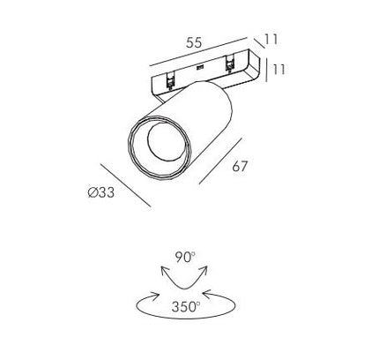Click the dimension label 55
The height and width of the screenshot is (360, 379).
coord(194,43)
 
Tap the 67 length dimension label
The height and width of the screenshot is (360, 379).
coord(240,167)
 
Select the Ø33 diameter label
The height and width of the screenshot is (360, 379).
coord(101,192)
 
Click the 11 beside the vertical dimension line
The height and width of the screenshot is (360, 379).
coord(279,70)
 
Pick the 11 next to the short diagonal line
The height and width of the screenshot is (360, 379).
coord(271,40)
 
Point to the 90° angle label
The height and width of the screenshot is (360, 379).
coord(185,258)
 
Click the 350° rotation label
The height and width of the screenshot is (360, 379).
coord(186,307)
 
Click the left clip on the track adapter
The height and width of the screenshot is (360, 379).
coord(170,81)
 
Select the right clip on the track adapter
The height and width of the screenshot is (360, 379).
coord(229,64)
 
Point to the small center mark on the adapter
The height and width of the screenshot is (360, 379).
coord(200,67)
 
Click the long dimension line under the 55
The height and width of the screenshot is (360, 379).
coord(197,52)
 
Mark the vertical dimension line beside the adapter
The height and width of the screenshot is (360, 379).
coord(267,70)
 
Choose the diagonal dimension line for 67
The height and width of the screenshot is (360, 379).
coord(220,161)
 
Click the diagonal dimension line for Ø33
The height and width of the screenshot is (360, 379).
coord(125,185)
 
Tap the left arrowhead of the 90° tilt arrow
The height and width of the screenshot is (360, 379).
coord(164,270)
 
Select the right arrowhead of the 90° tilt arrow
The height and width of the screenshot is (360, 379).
coord(204,270)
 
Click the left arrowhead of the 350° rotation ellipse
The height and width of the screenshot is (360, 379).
coord(155,296)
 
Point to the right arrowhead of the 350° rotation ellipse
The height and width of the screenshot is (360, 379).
coord(207,295)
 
